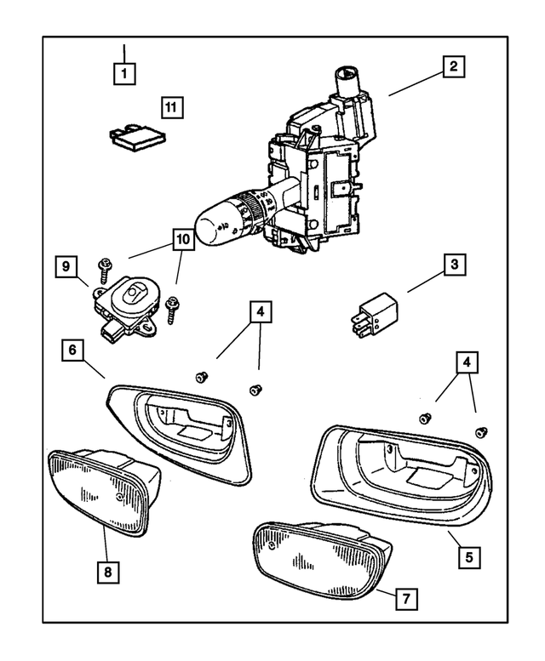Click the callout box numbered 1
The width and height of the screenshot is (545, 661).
pyautogui.click(x=124, y=73)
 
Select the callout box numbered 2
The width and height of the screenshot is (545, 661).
pyautogui.click(x=454, y=66)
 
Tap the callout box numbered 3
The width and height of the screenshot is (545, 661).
pyautogui.click(x=455, y=265)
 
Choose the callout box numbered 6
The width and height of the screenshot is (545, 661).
pyautogui.click(x=73, y=350)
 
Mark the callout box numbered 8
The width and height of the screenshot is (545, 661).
pyautogui.click(x=107, y=572)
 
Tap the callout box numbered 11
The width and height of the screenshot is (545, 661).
pyautogui.click(x=172, y=107)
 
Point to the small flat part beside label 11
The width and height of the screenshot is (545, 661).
pyautogui.click(x=136, y=137)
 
